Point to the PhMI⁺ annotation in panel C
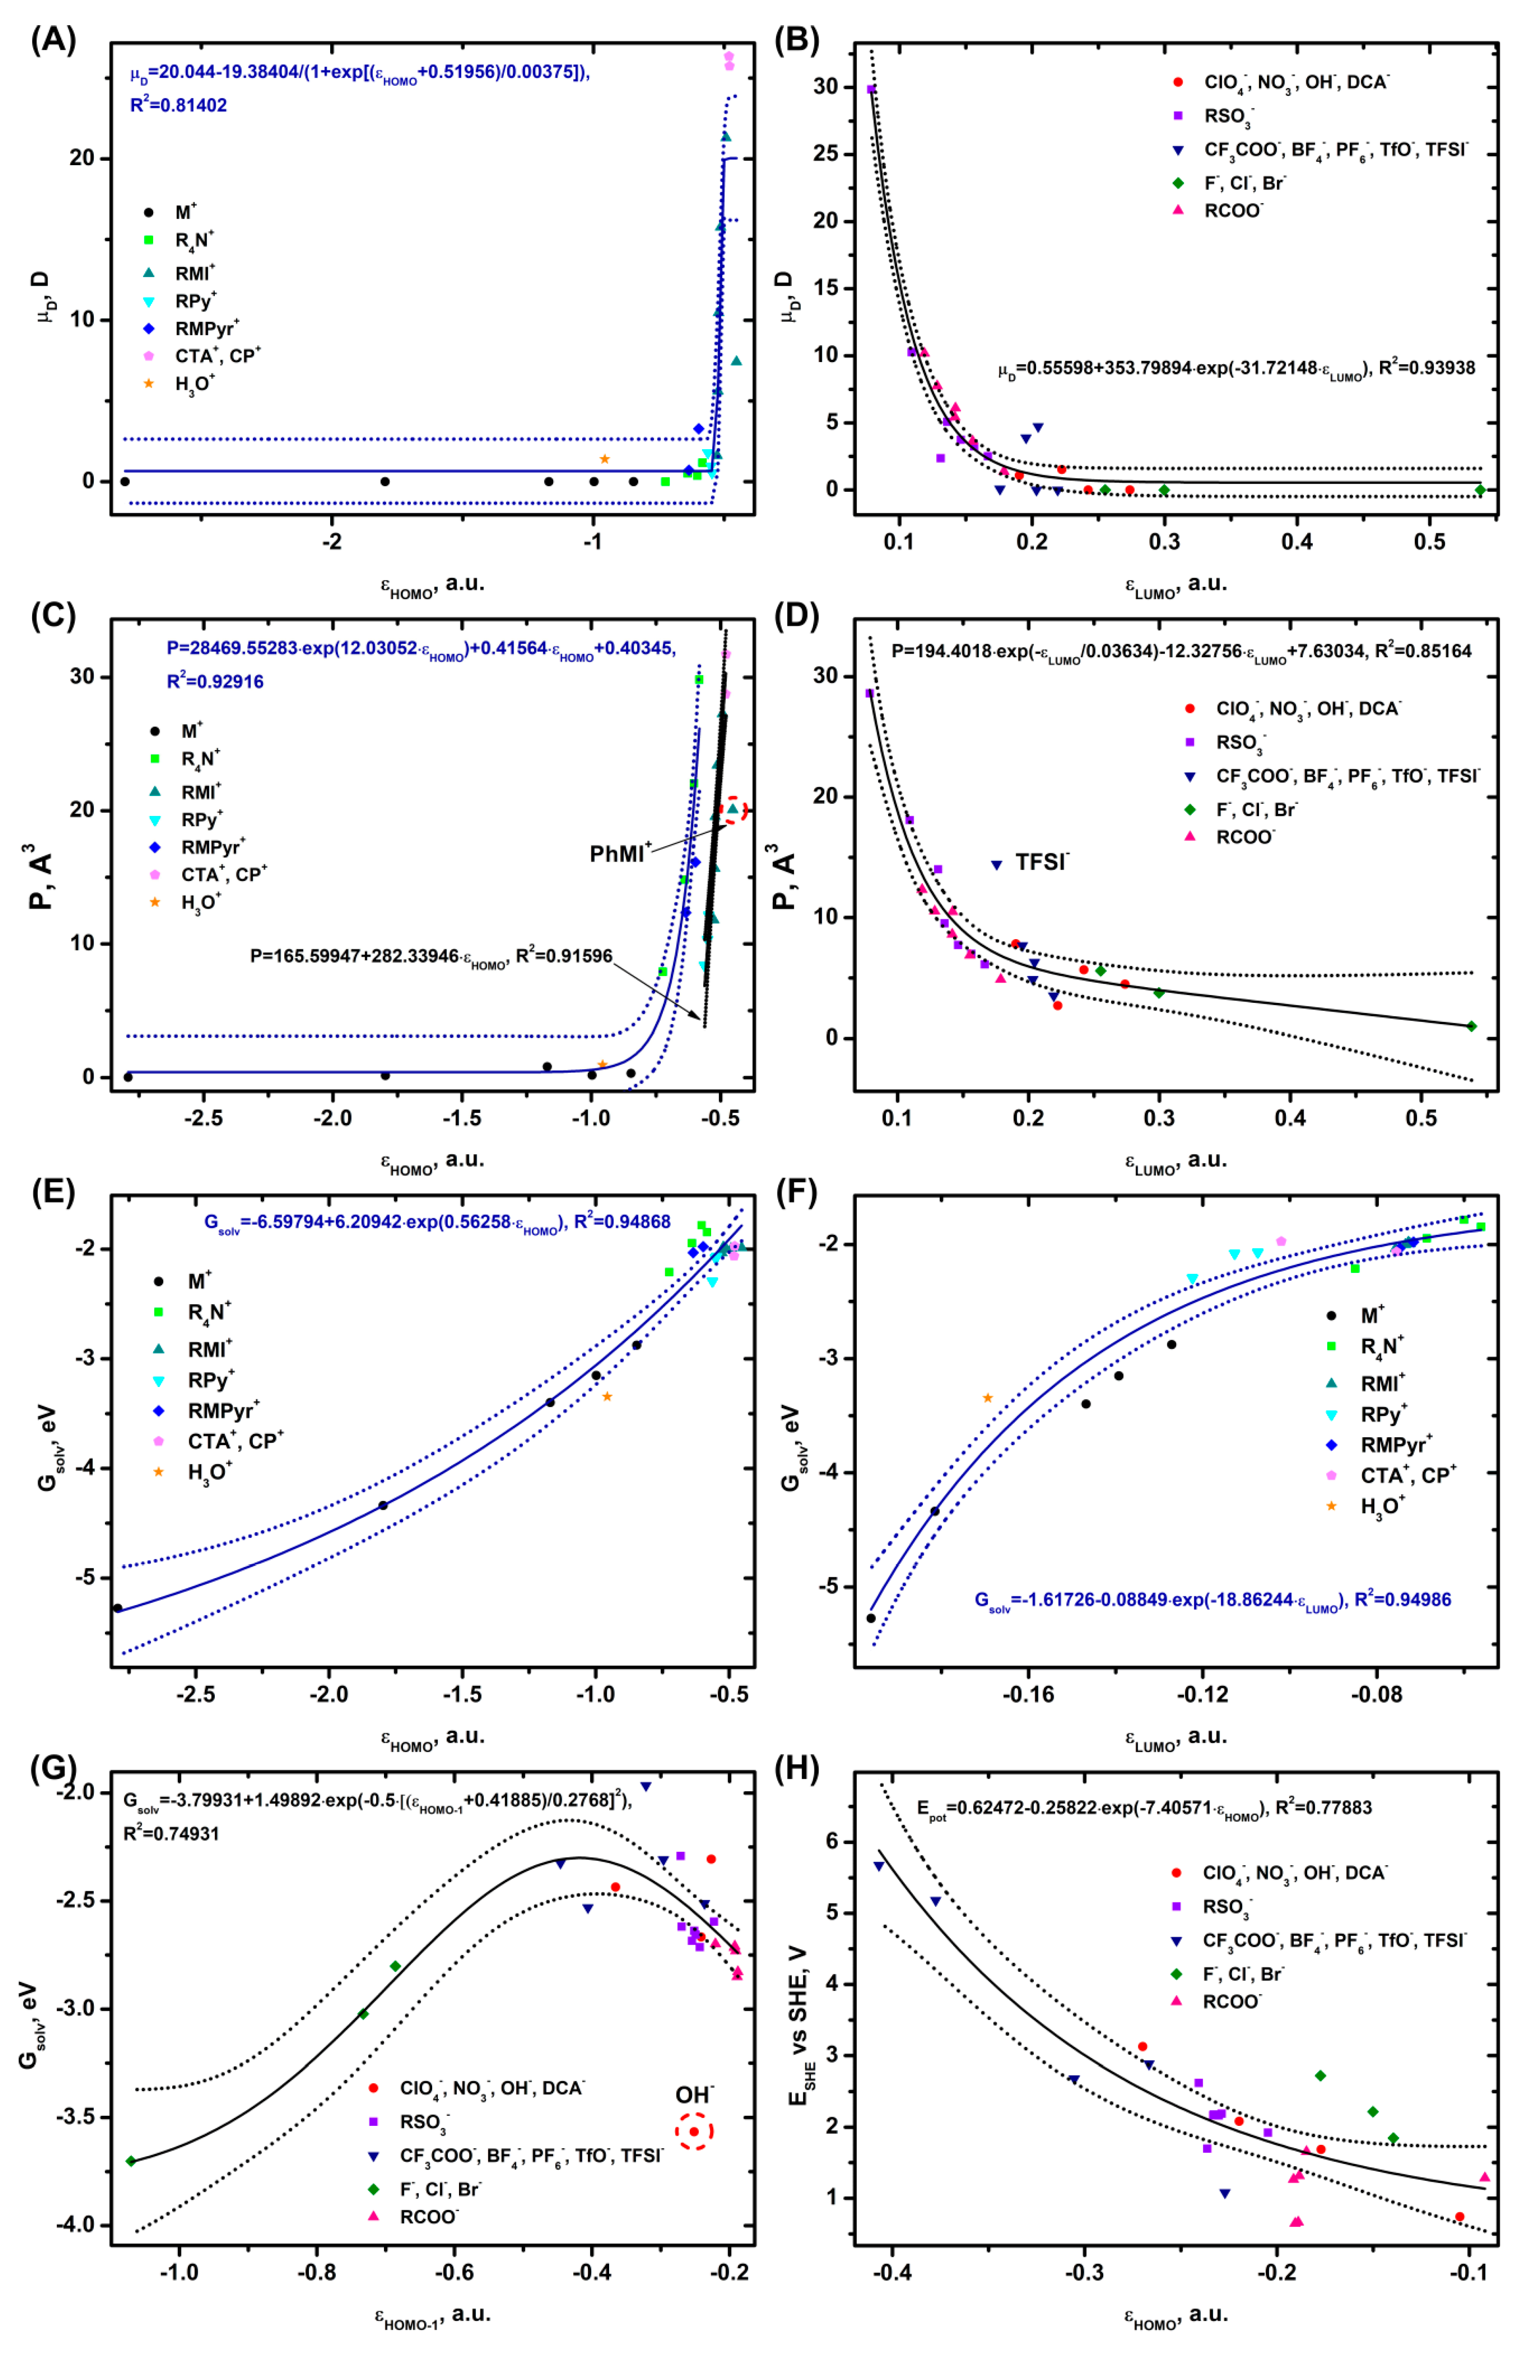tap(620, 852)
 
